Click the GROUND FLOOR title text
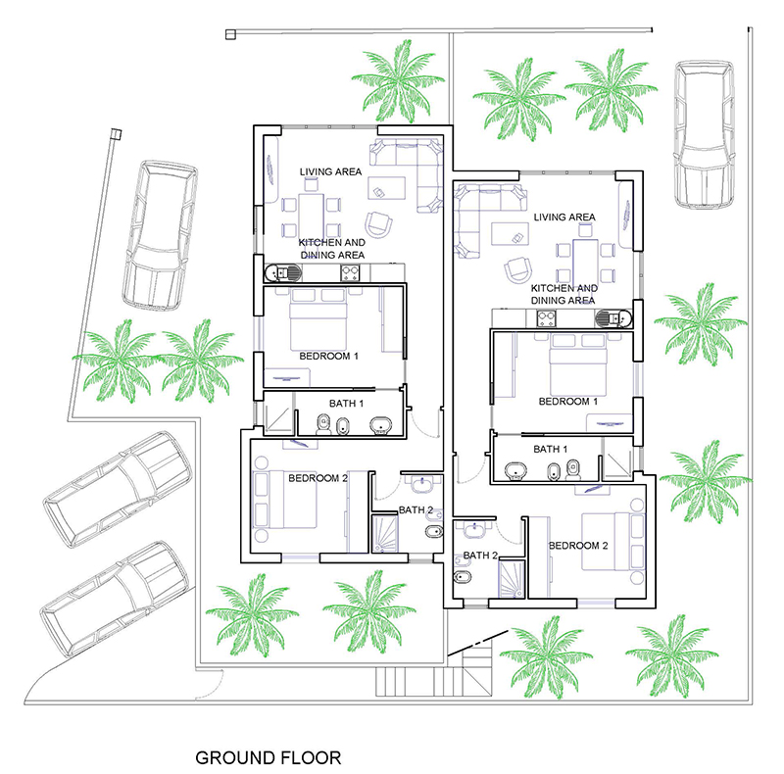pyautogui.click(x=268, y=757)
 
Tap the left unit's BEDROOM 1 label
pyautogui.click(x=328, y=356)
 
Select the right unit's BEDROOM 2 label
pyautogui.click(x=578, y=546)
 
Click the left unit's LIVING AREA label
pyautogui.click(x=330, y=172)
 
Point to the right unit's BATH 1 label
pyautogui.click(x=551, y=449)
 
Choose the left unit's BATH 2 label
pyautogui.click(x=416, y=510)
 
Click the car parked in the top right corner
pyautogui.click(x=704, y=134)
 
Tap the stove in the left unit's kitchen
pyautogui.click(x=350, y=273)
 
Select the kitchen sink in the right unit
pyautogui.click(x=614, y=318)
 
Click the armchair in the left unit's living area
pyautogui.click(x=378, y=224)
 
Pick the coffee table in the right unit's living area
pyautogui.click(x=510, y=234)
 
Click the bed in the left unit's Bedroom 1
pyautogui.click(x=318, y=319)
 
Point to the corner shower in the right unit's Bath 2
pyautogui.click(x=511, y=579)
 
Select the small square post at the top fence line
pyautogui.click(x=230, y=34)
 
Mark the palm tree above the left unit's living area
pyautogui.click(x=399, y=82)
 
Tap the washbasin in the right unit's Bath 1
pyautogui.click(x=515, y=470)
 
